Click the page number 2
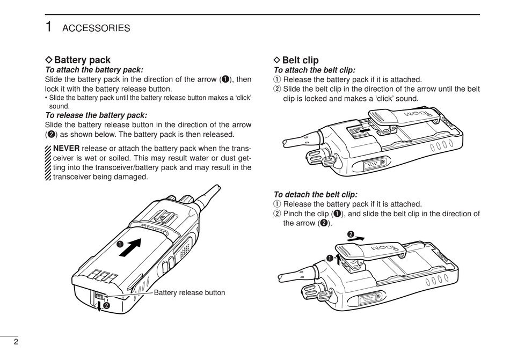pos(16,342)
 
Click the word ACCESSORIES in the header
pos(96,28)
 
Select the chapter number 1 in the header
pos(49,27)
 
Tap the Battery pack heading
pos(82,60)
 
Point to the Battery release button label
pos(190,293)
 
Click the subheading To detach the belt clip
pos(315,195)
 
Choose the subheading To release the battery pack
pos(96,115)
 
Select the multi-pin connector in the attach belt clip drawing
pos(373,164)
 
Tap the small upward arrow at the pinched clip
pos(338,260)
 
